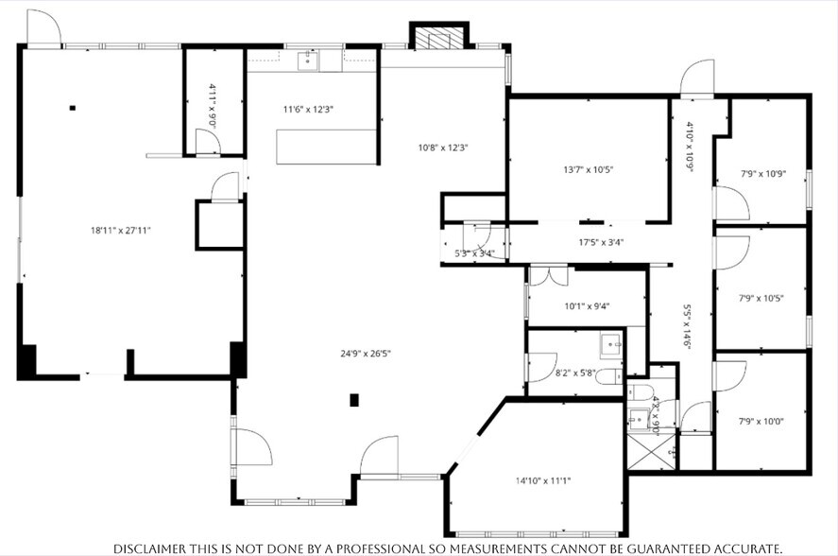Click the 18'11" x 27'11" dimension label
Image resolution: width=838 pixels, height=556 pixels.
click(x=121, y=230)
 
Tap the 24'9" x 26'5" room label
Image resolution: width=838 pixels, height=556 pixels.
click(x=366, y=354)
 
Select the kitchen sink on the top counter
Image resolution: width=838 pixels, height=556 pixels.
click(x=309, y=61)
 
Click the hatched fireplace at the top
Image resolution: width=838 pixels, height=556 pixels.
click(x=437, y=38)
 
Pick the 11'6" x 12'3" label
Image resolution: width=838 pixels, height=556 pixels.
click(x=308, y=109)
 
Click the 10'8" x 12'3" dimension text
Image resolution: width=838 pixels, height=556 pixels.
click(x=444, y=148)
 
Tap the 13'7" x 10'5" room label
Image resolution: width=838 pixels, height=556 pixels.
click(x=588, y=170)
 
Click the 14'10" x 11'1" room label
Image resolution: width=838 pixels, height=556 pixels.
click(x=543, y=480)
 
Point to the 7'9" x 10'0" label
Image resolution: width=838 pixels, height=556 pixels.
click(x=761, y=421)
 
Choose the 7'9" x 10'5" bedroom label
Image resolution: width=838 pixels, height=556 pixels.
click(x=761, y=298)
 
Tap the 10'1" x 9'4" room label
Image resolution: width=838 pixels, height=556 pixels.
click(x=588, y=305)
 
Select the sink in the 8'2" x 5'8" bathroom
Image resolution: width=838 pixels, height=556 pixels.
click(x=609, y=341)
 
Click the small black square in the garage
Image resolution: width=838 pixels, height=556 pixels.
click(x=72, y=108)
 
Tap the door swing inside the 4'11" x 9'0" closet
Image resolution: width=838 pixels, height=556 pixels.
click(x=207, y=143)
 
